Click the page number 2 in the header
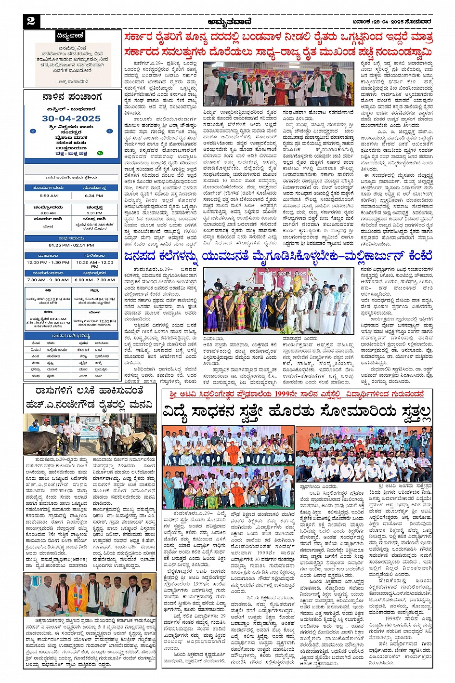point(31,21)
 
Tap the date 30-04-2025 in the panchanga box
point(71,118)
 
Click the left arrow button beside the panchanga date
point(33,131)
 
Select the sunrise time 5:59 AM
point(49,196)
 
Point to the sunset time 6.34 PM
point(94,196)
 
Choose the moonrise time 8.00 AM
point(48,213)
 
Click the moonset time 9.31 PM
point(94,213)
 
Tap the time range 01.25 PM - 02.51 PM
point(71,245)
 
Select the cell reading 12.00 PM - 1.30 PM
point(48,263)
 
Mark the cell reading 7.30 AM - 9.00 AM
point(48,280)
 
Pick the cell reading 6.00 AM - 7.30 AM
point(94,280)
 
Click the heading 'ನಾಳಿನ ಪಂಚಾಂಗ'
point(72,97)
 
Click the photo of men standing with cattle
point(90,434)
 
